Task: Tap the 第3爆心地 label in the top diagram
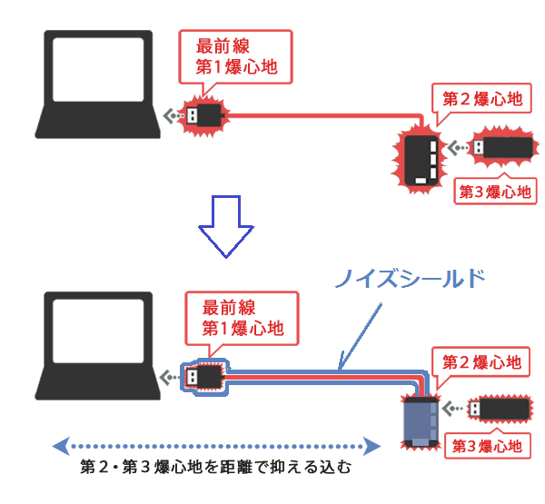[x=493, y=191]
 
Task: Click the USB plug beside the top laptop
[x=204, y=115]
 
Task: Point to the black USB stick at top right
[x=500, y=147]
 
